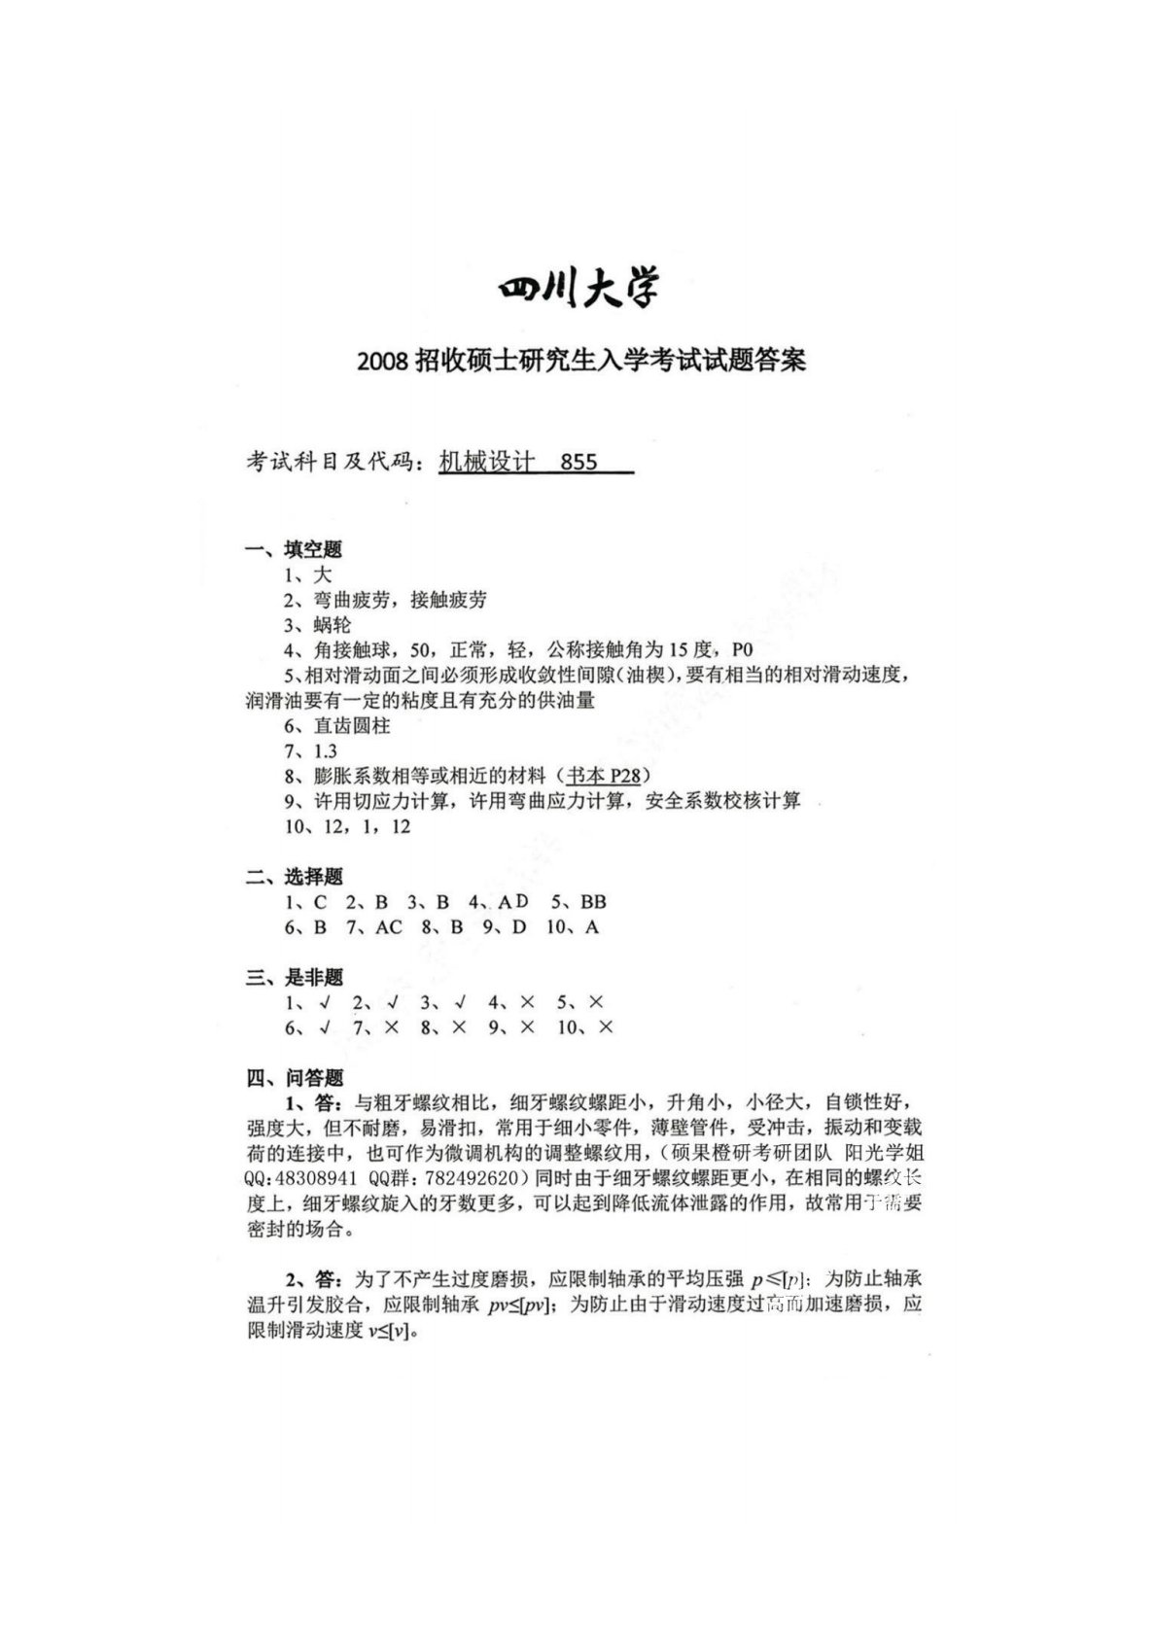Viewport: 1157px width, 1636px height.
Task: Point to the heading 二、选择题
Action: click(294, 877)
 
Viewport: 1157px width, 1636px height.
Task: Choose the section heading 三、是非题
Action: click(294, 978)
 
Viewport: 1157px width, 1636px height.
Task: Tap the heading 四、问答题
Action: click(294, 1078)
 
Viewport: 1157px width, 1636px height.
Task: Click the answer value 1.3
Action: click(325, 751)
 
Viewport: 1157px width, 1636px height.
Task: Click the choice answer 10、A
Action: click(573, 927)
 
